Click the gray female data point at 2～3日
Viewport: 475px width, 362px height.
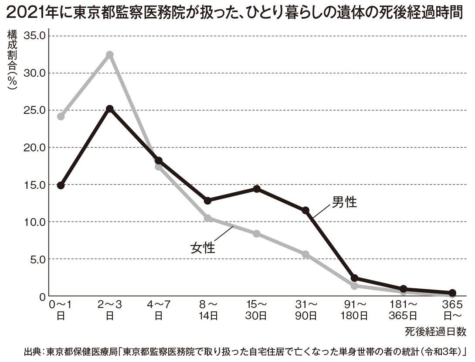[110, 55]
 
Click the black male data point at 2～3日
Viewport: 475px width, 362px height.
[110, 109]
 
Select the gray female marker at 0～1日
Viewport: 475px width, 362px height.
[61, 116]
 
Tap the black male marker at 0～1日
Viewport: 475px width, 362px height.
[61, 185]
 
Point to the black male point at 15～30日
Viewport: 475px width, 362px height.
[257, 189]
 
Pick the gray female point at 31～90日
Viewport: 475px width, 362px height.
[305, 254]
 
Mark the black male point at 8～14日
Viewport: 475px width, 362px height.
[208, 200]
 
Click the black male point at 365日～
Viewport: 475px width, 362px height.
[452, 293]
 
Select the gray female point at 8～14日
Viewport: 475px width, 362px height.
[208, 218]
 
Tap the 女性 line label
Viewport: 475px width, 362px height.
[203, 248]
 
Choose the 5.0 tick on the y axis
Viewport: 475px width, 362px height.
[37, 259]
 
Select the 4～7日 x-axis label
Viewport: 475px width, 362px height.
[159, 309]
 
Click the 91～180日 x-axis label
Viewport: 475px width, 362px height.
[354, 309]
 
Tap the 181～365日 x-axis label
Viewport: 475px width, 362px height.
[403, 309]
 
